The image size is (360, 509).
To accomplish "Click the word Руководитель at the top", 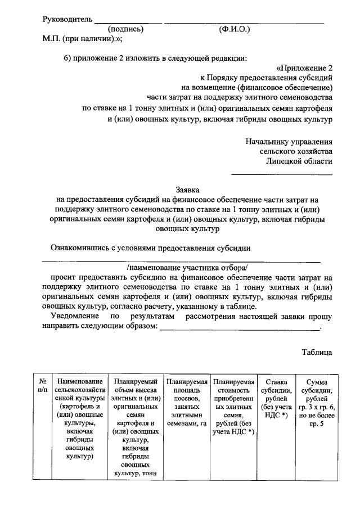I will [x=67, y=20].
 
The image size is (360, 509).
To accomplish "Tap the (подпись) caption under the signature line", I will [x=126, y=29].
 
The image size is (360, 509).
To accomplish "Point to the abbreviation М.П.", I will [x=54, y=39].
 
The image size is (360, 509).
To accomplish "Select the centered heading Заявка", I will [x=187, y=190].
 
